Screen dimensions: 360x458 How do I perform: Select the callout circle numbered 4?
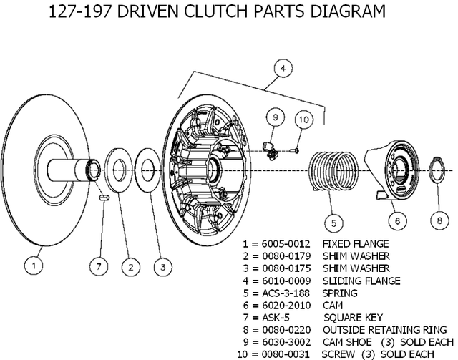coord(283,69)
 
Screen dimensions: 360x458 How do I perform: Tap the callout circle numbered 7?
coord(99,266)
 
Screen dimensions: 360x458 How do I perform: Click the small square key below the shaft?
coord(103,198)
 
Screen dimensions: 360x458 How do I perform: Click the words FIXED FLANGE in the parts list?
coord(356,243)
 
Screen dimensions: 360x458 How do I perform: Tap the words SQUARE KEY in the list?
coord(353,317)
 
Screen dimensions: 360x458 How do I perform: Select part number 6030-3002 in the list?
coord(287,341)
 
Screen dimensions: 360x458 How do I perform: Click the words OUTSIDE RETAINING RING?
coord(375,329)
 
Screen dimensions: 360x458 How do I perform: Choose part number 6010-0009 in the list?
coord(287,281)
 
